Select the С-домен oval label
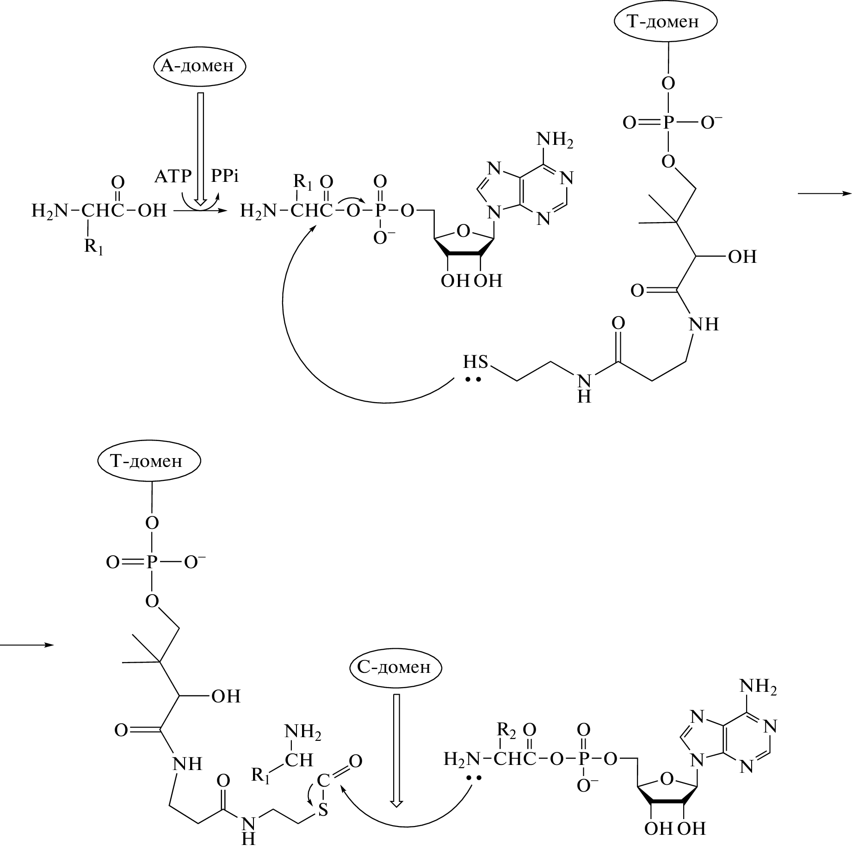coord(395,667)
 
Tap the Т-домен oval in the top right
coord(666,21)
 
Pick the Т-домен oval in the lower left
coord(149,461)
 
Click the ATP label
coord(173,176)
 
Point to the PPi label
coord(225,176)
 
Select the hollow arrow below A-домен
coord(200,148)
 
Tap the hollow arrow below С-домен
coord(396,750)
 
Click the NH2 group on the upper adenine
coord(555,140)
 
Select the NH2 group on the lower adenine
coord(758,687)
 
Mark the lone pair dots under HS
coord(473,379)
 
